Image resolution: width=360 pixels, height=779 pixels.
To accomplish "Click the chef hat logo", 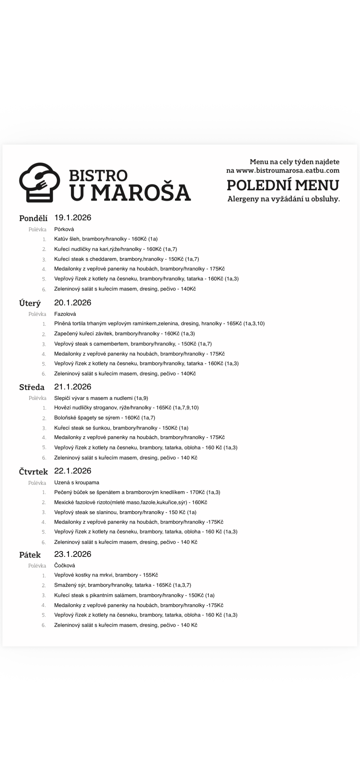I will click(x=39, y=182).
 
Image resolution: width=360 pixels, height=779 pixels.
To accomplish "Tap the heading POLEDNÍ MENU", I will click(x=283, y=185).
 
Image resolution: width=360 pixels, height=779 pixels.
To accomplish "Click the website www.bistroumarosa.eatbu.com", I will click(x=287, y=170).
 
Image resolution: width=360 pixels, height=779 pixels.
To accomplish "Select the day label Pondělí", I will click(x=33, y=218).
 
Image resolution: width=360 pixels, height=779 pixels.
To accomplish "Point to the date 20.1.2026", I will click(x=73, y=303).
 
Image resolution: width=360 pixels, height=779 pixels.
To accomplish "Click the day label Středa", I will click(x=32, y=387).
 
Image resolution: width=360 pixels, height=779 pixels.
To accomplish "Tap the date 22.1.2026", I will click(x=73, y=471).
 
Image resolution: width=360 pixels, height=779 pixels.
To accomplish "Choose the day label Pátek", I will click(x=30, y=555).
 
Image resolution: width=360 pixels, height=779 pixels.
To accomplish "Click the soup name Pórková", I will click(x=64, y=229).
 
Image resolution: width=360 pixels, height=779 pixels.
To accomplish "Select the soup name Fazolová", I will click(x=65, y=314).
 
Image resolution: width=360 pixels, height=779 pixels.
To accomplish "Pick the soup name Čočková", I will click(x=65, y=565).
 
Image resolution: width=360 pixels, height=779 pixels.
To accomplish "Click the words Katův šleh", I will click(x=67, y=239).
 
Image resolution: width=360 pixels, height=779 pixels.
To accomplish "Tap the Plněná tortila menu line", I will click(x=159, y=324).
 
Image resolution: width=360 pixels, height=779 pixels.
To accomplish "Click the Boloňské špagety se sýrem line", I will click(x=105, y=418).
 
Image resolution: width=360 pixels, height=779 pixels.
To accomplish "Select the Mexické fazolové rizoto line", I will click(x=130, y=502).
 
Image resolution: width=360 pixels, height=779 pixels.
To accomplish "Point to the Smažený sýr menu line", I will click(x=122, y=585).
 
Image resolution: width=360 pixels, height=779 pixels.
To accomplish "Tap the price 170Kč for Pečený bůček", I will click(x=197, y=492).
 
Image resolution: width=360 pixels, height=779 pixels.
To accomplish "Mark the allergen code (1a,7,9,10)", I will click(x=186, y=408).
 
